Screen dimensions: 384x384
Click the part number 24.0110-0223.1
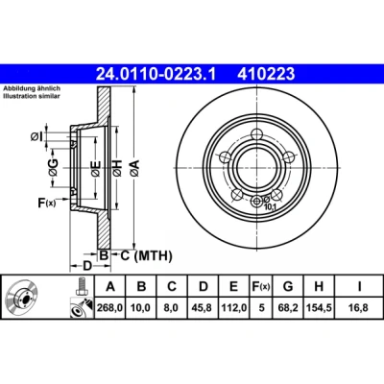[156, 74]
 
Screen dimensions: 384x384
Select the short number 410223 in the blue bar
[266, 74]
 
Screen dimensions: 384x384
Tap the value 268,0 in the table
[110, 308]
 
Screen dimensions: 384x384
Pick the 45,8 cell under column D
[204, 308]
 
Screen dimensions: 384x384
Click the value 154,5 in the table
[319, 308]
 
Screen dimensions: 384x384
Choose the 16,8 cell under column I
[359, 308]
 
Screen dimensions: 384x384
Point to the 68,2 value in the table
[288, 308]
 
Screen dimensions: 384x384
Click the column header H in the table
[319, 286]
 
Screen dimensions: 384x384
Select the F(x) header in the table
[261, 286]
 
